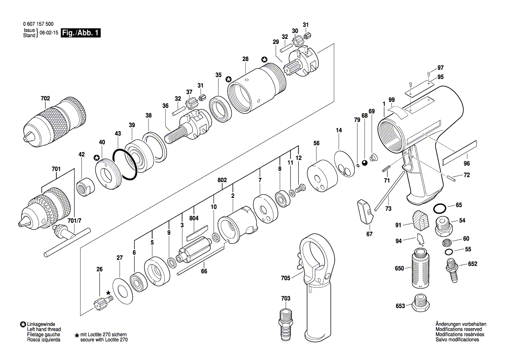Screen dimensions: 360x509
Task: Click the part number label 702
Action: point(45,98)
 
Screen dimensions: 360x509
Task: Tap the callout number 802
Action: point(222,180)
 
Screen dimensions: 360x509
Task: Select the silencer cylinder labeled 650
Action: point(421,268)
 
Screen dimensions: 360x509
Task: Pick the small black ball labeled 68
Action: point(364,163)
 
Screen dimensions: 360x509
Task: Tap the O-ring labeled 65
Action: point(440,208)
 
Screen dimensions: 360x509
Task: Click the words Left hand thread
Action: point(44,329)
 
